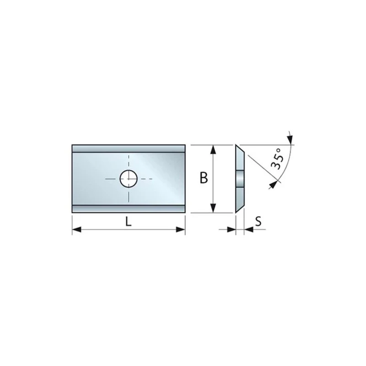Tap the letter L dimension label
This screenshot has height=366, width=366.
pos(128,221)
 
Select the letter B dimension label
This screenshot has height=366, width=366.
pos(204,178)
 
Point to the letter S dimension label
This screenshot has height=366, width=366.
pos(258,221)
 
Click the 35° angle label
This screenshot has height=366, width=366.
pos(278,159)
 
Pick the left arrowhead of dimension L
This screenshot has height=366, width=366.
pos(76,230)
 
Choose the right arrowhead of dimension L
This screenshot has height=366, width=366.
pos(180,230)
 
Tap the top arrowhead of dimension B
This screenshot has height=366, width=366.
pos(213,150)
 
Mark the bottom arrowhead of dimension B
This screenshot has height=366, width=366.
pos(213,208)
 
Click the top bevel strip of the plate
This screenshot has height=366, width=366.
pos(129,149)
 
